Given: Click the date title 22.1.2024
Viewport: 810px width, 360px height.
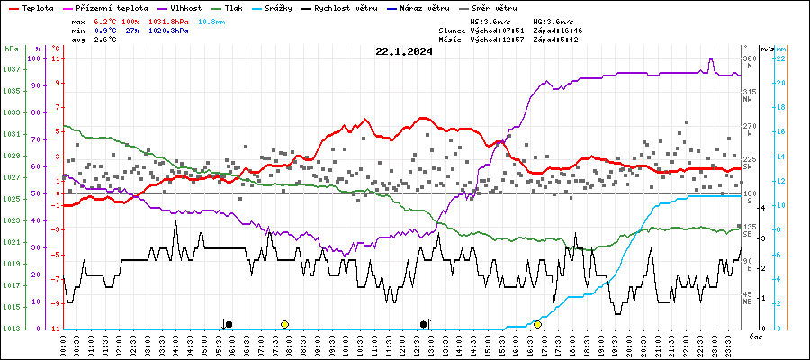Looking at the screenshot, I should tap(404, 51).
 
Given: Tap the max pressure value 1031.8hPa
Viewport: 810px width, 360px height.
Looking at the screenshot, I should tap(167, 20).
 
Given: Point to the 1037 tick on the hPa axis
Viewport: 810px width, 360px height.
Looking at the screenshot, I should tap(12, 69).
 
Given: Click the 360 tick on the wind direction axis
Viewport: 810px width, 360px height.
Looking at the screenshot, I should tap(748, 58).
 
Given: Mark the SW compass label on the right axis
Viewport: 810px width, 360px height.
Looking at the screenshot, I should tap(747, 167).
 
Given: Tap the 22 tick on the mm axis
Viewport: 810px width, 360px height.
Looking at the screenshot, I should tap(782, 58).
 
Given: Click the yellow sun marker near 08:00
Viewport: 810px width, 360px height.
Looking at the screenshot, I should tap(284, 324).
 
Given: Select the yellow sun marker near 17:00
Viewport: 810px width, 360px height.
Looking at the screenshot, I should tap(537, 324).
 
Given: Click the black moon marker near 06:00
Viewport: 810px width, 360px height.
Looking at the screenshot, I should tap(229, 324).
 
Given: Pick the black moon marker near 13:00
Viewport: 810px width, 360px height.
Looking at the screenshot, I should tap(424, 324).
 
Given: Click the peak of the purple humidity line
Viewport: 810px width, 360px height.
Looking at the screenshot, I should tap(711, 60).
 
